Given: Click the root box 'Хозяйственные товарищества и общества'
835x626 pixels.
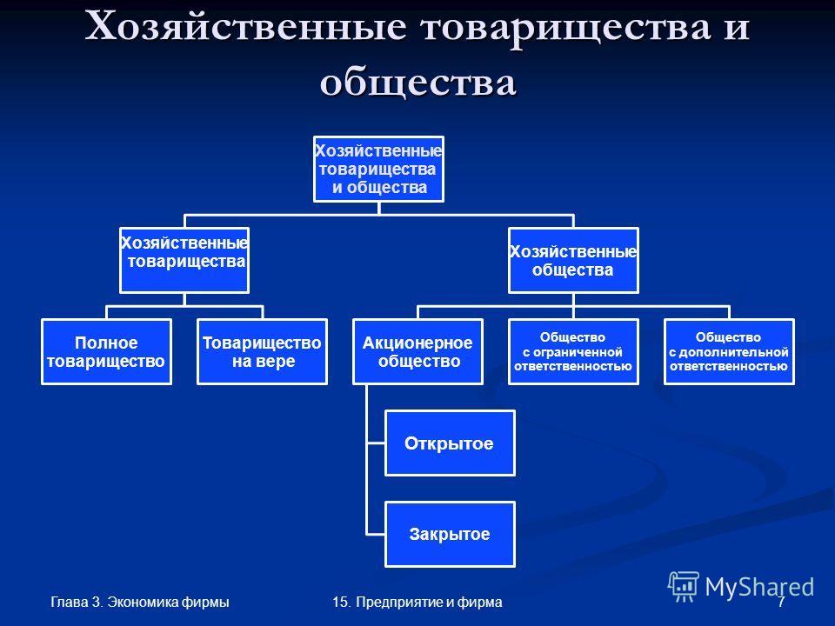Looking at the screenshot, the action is point(378,169).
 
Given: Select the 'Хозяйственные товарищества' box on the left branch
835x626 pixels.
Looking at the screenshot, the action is point(184,260).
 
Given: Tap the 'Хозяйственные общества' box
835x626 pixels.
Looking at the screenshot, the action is point(573,260).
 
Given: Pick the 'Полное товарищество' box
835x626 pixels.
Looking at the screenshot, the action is point(106,351).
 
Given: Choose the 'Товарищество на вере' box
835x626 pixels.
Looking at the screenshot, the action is point(262,351).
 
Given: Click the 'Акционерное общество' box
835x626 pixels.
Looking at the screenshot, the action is point(417,351).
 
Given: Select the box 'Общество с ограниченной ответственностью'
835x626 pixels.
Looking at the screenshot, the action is point(573,351).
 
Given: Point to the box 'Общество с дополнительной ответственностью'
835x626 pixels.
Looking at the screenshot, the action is point(729,351).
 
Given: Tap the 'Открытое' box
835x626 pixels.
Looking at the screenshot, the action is point(450,443).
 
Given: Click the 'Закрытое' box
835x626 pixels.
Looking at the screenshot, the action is point(450,534).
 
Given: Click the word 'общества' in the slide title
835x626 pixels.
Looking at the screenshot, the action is point(418,83).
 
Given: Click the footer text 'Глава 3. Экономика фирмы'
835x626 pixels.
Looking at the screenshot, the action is point(140,602).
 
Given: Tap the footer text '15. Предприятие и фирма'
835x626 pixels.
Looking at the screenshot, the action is point(417,602).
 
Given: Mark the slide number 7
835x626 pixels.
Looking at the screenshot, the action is point(781,602).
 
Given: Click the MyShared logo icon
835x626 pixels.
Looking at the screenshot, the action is point(684,587).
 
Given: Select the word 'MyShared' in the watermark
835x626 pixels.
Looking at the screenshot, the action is point(759,588).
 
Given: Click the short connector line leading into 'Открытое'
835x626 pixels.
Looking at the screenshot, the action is point(376,443).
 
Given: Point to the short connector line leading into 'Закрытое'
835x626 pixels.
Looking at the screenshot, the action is point(376,534).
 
